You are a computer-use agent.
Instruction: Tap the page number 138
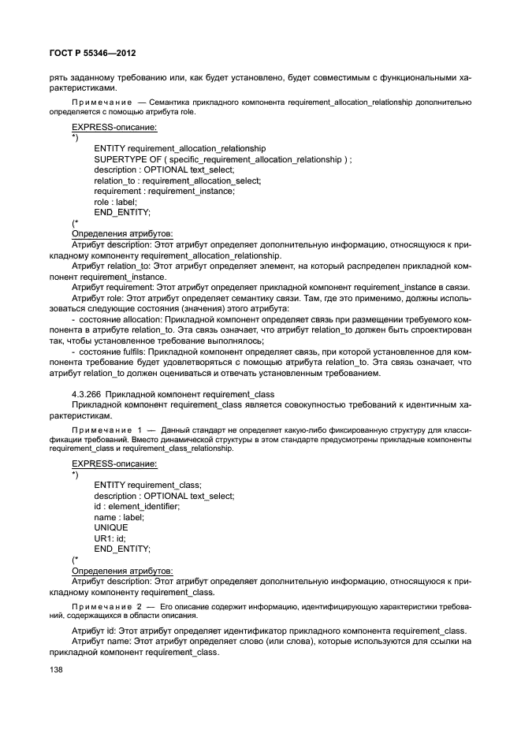click(x=58, y=669)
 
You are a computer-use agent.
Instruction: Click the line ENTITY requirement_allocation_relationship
click(x=179, y=148)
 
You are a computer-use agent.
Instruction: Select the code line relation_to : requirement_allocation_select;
click(x=177, y=181)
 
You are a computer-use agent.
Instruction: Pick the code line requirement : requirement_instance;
click(x=164, y=192)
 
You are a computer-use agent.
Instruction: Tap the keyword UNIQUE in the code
click(x=110, y=527)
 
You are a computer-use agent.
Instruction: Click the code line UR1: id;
click(x=110, y=538)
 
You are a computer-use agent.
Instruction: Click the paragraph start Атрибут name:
click(x=102, y=642)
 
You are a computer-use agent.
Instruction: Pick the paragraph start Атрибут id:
click(x=94, y=631)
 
